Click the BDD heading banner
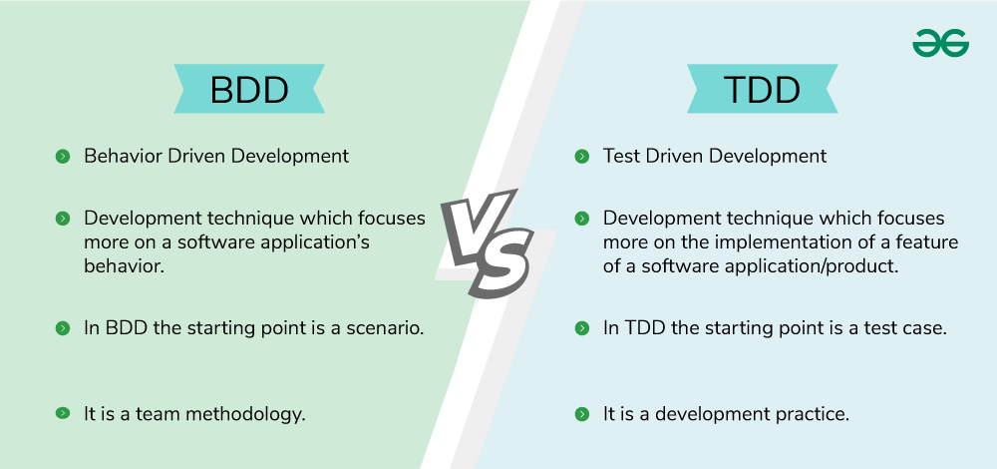tap(248, 89)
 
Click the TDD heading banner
tap(763, 89)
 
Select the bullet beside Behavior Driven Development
tap(62, 157)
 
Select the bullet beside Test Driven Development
tap(581, 157)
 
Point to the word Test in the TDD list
tap(621, 157)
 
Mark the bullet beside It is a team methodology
tap(62, 413)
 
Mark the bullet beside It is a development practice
tap(581, 413)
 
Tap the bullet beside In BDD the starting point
tap(62, 327)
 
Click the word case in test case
tap(923, 327)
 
